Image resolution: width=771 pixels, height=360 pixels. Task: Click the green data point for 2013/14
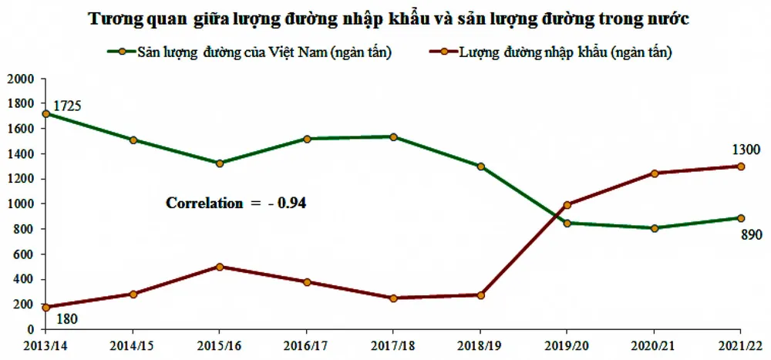(x=46, y=113)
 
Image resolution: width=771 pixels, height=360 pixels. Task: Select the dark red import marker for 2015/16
(x=220, y=267)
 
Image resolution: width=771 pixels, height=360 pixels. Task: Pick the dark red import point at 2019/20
(x=567, y=205)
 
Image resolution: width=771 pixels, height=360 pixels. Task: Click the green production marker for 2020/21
(x=654, y=228)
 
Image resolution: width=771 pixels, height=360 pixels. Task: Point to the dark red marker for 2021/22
(x=741, y=167)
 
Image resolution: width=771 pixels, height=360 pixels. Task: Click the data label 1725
(x=67, y=106)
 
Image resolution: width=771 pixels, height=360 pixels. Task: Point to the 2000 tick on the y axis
(x=21, y=79)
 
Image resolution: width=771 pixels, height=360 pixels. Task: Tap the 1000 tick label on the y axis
(x=21, y=204)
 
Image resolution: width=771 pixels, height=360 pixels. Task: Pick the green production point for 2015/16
(x=220, y=163)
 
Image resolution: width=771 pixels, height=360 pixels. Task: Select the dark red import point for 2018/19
(x=480, y=295)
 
